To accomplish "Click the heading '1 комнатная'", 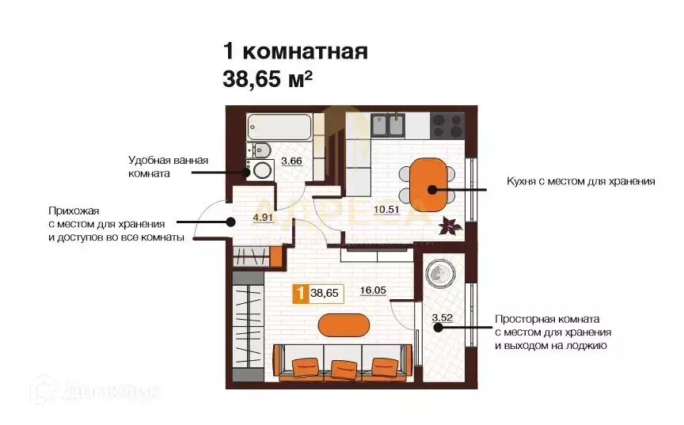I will [x=294, y=52].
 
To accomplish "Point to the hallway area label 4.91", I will [x=263, y=216].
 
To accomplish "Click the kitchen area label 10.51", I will [x=386, y=210].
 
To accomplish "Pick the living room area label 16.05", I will [x=372, y=290].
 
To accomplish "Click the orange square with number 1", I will [x=300, y=294].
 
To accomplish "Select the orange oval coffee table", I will [x=344, y=324].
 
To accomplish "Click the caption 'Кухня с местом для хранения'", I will [x=580, y=181].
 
